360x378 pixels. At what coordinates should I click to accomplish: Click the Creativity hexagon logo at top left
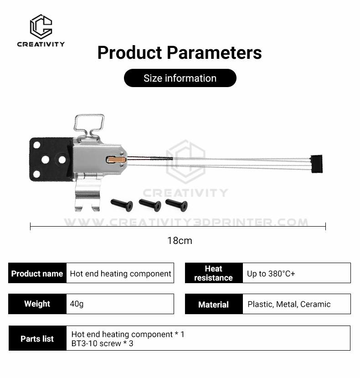click(41, 26)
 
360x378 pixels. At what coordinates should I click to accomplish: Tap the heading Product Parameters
click(180, 52)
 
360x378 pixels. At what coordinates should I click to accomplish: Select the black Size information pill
click(180, 78)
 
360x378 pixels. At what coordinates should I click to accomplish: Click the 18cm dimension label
click(180, 241)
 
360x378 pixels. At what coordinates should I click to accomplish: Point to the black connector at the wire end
click(316, 164)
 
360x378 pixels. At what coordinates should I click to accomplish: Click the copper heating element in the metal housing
click(116, 159)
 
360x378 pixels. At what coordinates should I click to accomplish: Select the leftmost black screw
click(122, 205)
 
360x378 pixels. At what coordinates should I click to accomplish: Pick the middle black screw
click(150, 205)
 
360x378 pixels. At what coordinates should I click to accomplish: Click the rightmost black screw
click(177, 205)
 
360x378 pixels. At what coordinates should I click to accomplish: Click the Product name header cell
click(37, 273)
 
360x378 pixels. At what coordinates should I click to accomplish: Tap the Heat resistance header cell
click(214, 273)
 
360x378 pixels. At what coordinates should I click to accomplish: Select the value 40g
click(77, 304)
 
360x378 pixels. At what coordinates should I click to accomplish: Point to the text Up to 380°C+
click(271, 274)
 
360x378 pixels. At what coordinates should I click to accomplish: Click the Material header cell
click(214, 304)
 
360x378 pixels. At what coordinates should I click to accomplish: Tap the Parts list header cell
click(37, 338)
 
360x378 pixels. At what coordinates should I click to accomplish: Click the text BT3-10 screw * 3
click(102, 343)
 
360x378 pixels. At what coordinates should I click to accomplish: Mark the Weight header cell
click(37, 304)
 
